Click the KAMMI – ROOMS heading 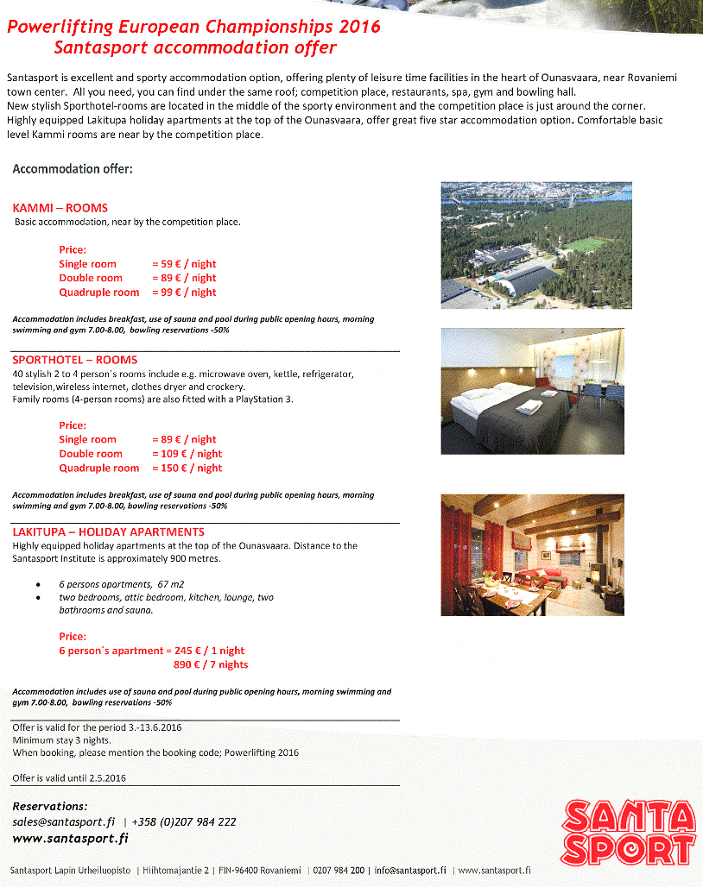[x=60, y=208]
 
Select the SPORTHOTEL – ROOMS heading [x=75, y=360]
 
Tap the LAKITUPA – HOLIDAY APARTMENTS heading [x=109, y=532]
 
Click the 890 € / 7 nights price [x=211, y=664]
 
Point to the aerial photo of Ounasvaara [x=532, y=247]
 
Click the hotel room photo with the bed [x=532, y=391]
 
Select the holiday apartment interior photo [x=532, y=554]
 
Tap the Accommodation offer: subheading [x=73, y=168]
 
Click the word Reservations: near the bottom [x=50, y=806]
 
